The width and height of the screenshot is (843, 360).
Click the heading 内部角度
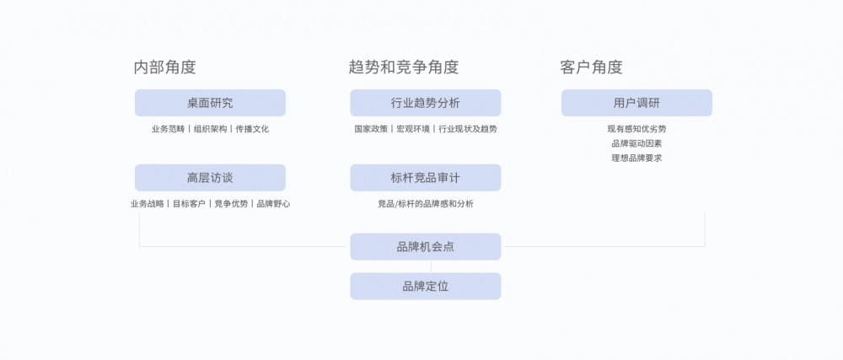tap(164, 67)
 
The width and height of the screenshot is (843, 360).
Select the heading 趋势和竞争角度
tap(403, 67)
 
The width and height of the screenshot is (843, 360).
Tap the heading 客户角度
tap(591, 67)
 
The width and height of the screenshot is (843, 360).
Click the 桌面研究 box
tap(210, 103)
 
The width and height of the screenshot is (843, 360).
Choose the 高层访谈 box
tap(210, 178)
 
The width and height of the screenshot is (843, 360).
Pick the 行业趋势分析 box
tap(425, 103)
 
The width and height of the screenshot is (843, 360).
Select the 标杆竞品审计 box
tap(425, 178)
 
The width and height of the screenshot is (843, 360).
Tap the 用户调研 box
tap(636, 103)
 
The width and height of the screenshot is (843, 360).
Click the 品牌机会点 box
tap(425, 247)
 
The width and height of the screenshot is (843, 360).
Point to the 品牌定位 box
tap(425, 287)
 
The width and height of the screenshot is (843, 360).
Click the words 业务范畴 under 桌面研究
tap(168, 129)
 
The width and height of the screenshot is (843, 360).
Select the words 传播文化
tap(252, 129)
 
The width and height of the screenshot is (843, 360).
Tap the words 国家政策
tap(370, 129)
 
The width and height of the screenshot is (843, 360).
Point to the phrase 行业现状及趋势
tap(468, 129)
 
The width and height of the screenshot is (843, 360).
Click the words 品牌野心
tap(274, 204)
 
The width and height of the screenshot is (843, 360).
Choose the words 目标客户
tap(189, 204)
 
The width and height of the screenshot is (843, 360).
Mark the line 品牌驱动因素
tap(636, 143)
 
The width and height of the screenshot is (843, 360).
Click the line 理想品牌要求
tap(636, 159)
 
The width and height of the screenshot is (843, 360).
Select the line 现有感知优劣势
tap(636, 129)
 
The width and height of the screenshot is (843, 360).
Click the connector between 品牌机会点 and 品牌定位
tap(431, 266)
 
